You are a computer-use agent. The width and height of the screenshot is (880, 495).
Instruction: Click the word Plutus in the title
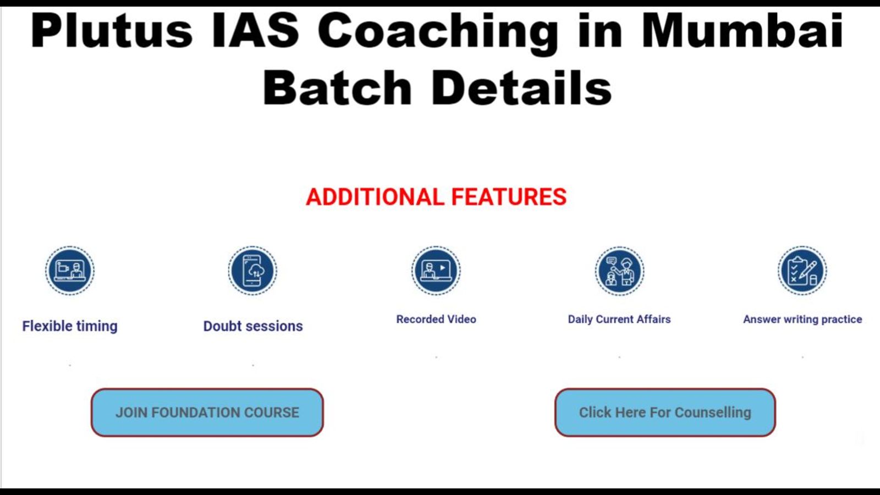click(112, 31)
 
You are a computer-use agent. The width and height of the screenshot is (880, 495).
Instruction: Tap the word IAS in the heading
click(255, 31)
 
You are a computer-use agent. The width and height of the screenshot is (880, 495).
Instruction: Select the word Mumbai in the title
click(743, 31)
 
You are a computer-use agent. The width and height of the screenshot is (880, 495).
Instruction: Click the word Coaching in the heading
click(438, 34)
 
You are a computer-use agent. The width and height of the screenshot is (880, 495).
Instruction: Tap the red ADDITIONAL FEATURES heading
click(436, 197)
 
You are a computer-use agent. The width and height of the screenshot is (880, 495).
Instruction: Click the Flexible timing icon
click(70, 271)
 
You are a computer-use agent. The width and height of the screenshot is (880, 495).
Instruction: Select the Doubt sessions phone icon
click(252, 271)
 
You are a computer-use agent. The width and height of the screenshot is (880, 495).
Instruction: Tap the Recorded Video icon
click(436, 271)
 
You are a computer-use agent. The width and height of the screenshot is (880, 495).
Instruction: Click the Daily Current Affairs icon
click(619, 271)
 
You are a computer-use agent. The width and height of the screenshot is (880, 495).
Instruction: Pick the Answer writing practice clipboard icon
click(802, 271)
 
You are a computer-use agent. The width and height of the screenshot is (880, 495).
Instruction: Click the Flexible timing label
click(70, 326)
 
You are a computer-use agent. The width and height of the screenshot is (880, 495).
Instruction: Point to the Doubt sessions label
click(253, 326)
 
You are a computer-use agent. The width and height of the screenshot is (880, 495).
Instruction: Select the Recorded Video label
click(436, 319)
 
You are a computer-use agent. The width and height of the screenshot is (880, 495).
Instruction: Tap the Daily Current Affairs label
click(619, 319)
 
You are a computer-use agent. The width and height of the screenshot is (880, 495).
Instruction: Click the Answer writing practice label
click(802, 320)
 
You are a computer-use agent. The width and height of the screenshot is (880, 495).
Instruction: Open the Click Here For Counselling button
click(665, 413)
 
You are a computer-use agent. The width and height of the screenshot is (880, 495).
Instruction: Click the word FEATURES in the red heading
click(509, 197)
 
